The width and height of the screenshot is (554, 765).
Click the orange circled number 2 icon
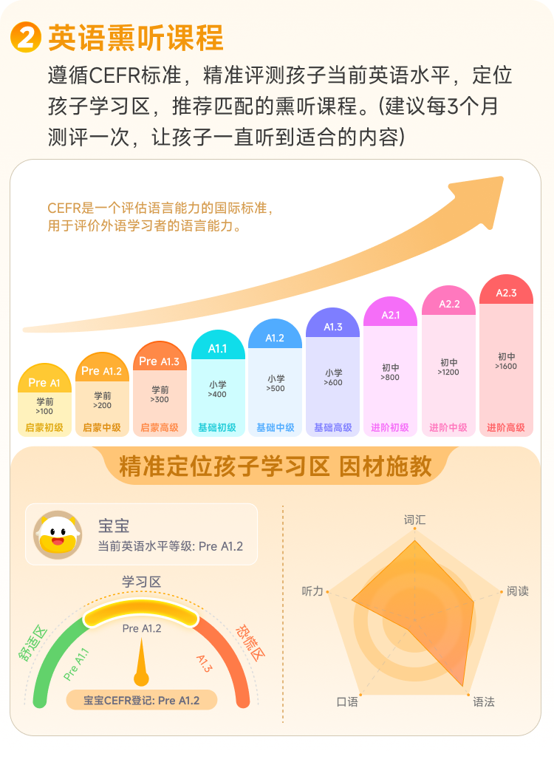tap(27, 37)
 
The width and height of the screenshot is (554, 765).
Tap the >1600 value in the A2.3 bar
tap(506, 367)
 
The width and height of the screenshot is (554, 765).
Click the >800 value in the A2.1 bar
tap(391, 378)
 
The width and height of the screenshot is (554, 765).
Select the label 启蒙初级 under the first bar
tap(44, 427)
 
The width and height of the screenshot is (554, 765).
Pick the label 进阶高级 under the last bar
tap(506, 427)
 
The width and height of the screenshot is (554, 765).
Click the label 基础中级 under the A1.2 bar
tap(276, 427)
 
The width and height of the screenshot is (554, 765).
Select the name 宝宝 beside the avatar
tap(114, 526)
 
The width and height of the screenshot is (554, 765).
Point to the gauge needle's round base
tap(141, 677)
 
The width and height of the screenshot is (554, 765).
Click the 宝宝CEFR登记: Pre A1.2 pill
tap(141, 700)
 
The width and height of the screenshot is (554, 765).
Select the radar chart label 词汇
tap(414, 520)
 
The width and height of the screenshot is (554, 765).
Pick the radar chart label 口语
tap(347, 701)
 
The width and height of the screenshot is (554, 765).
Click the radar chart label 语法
tap(484, 701)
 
